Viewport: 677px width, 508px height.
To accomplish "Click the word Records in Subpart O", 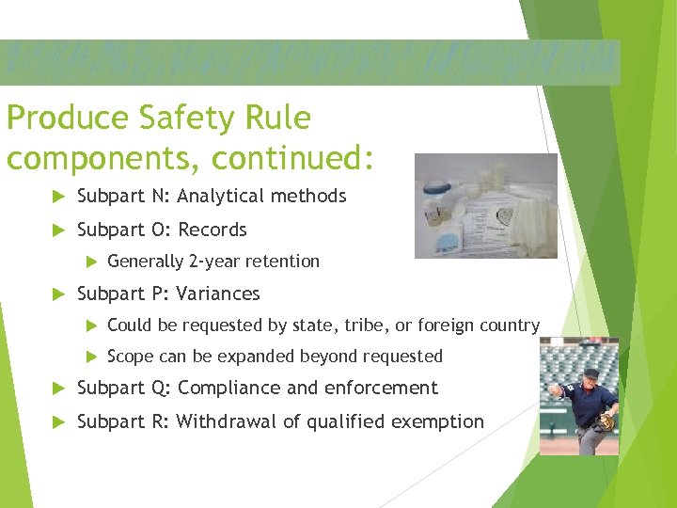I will (x=213, y=230).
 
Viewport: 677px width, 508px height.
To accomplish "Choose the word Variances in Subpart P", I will (x=219, y=294).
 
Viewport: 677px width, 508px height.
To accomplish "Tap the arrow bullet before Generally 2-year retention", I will (x=91, y=262).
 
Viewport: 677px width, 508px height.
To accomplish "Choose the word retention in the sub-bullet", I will (x=285, y=262).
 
